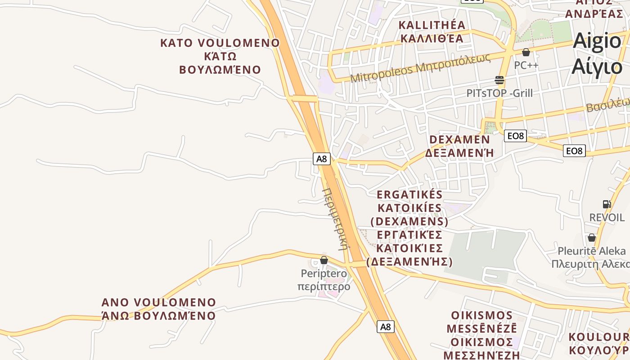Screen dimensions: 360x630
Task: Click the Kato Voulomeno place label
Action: (220, 56)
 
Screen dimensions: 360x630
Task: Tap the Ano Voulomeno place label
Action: (158, 309)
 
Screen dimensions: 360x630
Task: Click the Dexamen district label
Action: (459, 146)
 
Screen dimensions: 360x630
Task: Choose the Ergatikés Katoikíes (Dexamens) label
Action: (409, 228)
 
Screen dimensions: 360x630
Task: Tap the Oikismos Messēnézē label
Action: (482, 334)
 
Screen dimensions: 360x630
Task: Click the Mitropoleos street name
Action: (419, 68)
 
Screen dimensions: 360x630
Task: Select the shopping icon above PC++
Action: (526, 52)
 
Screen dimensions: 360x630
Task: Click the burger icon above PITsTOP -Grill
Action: (499, 80)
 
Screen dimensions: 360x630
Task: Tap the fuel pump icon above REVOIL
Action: (607, 204)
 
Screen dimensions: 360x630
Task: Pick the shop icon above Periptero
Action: (324, 260)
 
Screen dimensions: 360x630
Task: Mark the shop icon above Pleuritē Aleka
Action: (591, 238)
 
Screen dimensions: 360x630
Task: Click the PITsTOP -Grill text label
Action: (499, 93)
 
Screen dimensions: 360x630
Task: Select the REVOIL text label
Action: (607, 217)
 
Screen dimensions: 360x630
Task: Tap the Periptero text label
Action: (324, 273)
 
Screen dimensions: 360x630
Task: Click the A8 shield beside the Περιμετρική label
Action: (322, 158)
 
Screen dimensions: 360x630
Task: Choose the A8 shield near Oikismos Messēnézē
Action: (385, 327)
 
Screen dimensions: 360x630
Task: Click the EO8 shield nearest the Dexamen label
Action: (515, 135)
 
